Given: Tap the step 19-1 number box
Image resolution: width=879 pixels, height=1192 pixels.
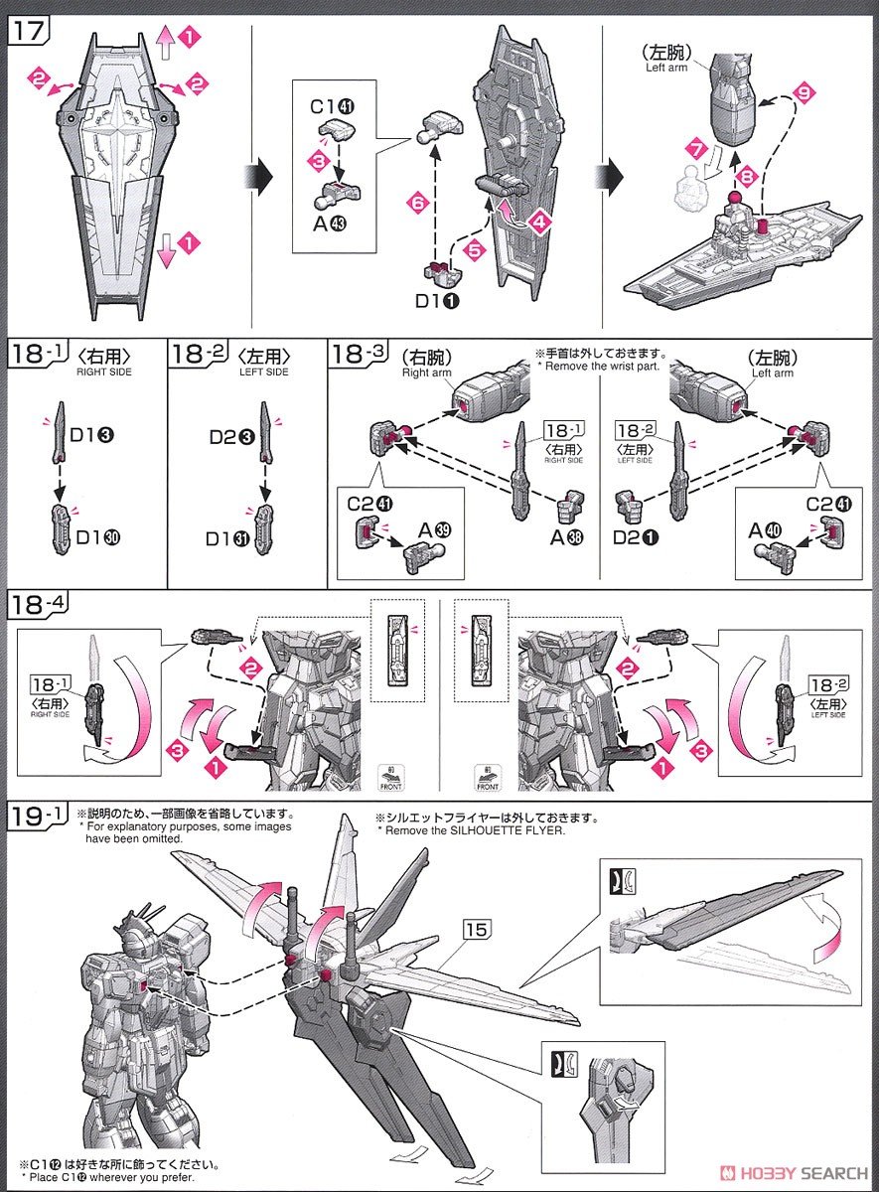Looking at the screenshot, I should coord(38,817).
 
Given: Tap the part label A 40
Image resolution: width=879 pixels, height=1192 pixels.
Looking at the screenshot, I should coord(769,530).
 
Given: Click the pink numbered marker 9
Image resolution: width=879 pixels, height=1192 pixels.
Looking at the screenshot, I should coord(805,94).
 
